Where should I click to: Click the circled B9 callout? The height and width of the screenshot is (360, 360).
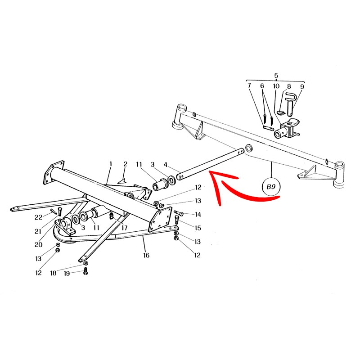[271, 186]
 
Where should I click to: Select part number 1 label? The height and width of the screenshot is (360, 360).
[111, 164]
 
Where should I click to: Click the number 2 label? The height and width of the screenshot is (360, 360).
[125, 164]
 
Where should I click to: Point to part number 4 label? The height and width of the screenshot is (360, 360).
[166, 165]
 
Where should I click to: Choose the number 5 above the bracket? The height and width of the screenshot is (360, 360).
[276, 76]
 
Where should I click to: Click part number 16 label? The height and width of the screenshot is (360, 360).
[146, 255]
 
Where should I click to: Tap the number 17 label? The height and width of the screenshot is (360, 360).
[124, 228]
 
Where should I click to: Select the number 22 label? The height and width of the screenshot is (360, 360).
[38, 217]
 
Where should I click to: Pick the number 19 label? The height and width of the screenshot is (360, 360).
[67, 274]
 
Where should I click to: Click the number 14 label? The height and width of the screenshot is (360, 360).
[198, 215]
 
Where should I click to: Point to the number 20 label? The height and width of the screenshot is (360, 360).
[38, 245]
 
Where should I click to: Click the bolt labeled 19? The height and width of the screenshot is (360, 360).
[85, 271]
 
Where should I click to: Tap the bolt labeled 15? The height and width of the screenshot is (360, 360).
[177, 220]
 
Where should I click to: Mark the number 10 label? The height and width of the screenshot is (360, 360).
[276, 86]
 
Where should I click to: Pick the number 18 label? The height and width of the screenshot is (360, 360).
[53, 273]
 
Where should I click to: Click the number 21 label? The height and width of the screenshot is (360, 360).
[38, 231]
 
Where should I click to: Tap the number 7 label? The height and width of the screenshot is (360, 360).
[249, 85]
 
